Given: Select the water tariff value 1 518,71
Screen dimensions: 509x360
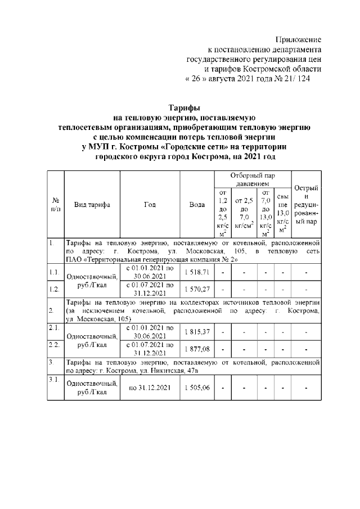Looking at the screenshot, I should coord(197,272).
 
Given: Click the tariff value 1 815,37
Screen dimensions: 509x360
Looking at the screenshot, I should coord(197,331).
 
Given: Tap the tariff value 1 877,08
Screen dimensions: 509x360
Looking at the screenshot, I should coord(197,349).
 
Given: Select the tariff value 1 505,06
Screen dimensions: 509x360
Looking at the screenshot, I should coord(197,388).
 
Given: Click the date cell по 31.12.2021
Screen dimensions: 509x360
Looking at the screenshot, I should coord(150,388).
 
